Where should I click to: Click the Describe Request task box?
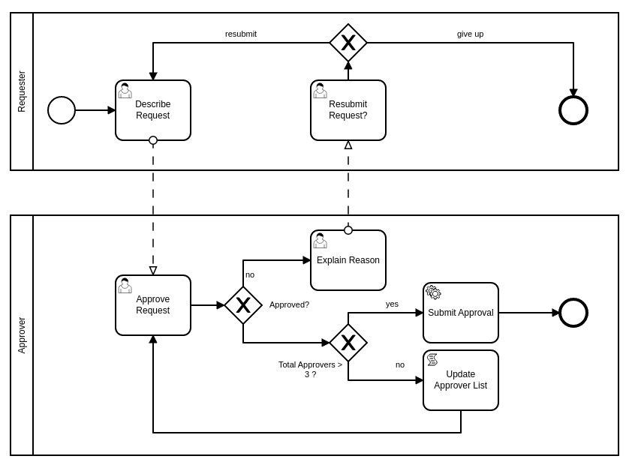(153, 110)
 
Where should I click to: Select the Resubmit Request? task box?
(348, 110)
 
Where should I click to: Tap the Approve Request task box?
(153, 305)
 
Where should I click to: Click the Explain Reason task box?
(348, 260)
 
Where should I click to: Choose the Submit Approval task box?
(461, 313)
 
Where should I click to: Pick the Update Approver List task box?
(461, 380)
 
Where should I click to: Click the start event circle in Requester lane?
(62, 110)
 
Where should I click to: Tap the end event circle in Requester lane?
(573, 110)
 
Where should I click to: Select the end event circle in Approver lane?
(573, 313)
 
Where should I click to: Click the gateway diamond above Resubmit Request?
(348, 43)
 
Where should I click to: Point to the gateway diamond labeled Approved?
(243, 305)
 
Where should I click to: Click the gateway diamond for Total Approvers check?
(348, 343)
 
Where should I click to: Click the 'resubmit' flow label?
(241, 34)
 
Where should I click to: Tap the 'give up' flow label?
(471, 34)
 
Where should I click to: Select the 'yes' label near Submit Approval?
(392, 304)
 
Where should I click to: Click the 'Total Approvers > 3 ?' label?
(310, 369)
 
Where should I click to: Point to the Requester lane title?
(22, 91)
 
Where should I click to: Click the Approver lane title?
(22, 335)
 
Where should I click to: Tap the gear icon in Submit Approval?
(434, 292)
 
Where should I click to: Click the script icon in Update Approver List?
(432, 360)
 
